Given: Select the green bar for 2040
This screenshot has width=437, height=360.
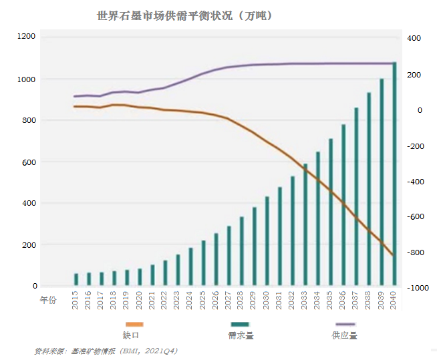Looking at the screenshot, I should tap(394, 174).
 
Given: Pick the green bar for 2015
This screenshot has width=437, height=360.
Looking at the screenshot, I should tap(76, 279).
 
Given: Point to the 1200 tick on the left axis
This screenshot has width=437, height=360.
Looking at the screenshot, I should tap(27, 36).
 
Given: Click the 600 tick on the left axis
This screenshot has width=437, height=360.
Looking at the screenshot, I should tap(29, 162).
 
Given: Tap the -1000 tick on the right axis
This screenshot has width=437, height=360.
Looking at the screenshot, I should tap(415, 288).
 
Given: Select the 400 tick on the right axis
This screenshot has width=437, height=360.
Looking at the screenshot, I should tap(414, 39).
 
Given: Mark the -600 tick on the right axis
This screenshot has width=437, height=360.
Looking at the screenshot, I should tap(415, 217).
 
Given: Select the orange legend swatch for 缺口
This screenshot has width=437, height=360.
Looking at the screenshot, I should tap(133, 324).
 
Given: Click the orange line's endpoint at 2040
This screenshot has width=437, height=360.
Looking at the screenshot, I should tap(394, 255).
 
